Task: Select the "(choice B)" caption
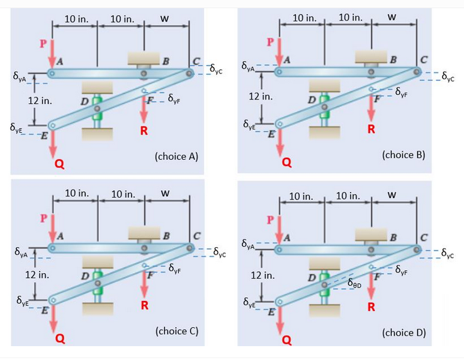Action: pyautogui.click(x=404, y=153)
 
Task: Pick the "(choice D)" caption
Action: pyautogui.click(x=404, y=332)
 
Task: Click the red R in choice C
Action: pyautogui.click(x=144, y=307)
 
